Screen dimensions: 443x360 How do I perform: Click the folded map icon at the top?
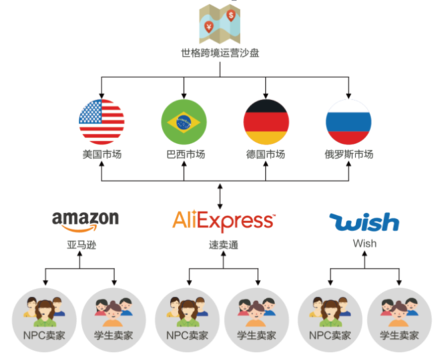[x=220, y=24]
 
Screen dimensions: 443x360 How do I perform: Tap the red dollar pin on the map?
[x=231, y=15]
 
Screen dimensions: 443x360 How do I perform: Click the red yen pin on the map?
[x=209, y=27]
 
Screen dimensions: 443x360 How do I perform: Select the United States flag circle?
[x=102, y=122]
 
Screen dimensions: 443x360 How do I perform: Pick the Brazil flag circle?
[x=184, y=122]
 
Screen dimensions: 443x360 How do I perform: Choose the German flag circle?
[x=266, y=122]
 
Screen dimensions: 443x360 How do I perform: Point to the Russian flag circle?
[x=348, y=122]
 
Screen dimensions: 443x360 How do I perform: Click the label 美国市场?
[x=102, y=154]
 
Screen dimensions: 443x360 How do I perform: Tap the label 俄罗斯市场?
[x=349, y=154]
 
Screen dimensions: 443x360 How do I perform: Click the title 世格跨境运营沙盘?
[x=220, y=53]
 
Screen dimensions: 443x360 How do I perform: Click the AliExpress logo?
[x=224, y=221]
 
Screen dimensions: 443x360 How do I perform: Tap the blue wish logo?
[x=364, y=222]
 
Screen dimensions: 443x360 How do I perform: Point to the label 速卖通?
[x=224, y=245]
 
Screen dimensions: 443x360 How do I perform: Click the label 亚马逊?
[x=82, y=245]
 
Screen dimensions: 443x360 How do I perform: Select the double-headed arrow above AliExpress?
[x=220, y=196]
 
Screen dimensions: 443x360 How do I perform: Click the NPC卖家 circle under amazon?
[x=44, y=320]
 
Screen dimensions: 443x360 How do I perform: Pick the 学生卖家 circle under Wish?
[x=400, y=320]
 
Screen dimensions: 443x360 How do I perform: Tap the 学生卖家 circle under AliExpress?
[x=257, y=320]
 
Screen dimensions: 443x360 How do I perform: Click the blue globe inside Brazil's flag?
[x=183, y=122]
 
